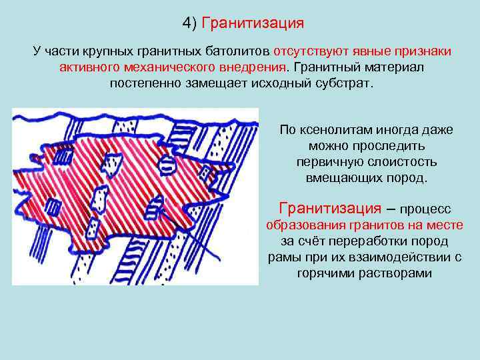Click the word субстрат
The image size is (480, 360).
[x=343, y=85]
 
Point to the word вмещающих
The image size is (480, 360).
[x=342, y=178]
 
